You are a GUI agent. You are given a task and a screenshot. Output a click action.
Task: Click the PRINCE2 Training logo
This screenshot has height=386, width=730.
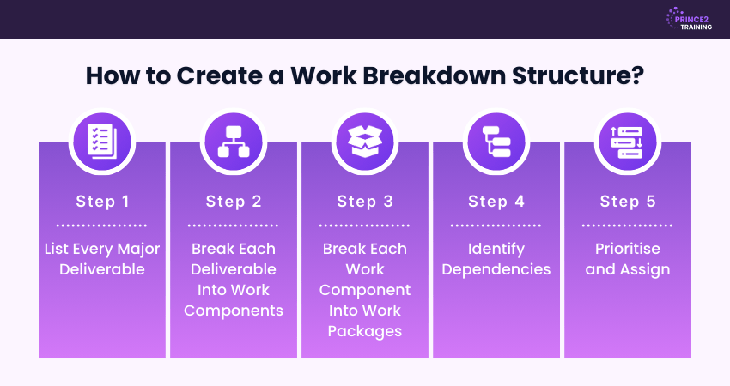[x=689, y=19]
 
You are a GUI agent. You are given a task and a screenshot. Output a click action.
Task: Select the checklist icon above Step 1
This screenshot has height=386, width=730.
[x=102, y=142]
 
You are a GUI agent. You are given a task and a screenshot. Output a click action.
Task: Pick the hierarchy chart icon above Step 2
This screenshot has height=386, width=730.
[x=234, y=142]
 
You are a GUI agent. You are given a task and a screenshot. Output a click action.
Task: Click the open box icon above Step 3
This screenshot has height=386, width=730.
[x=365, y=142]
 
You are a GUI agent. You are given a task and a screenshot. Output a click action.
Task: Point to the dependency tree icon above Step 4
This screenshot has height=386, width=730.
[x=496, y=142]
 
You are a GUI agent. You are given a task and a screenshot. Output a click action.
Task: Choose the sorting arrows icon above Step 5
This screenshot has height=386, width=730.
[x=628, y=142]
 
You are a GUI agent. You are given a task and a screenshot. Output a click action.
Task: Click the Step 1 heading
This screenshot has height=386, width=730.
[x=102, y=202]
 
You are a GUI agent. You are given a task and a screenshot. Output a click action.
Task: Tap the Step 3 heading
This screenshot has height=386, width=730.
[x=365, y=202]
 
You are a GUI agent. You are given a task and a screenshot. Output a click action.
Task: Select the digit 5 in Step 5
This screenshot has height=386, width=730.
[x=651, y=201]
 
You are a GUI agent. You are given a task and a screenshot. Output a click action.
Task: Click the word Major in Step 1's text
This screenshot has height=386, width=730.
[x=138, y=249]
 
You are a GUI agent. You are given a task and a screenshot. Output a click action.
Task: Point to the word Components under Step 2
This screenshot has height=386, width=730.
[x=234, y=311]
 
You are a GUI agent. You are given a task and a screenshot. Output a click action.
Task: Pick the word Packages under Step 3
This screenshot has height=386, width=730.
[x=365, y=331]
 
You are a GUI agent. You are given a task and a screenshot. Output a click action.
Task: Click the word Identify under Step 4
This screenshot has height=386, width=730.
[x=496, y=250]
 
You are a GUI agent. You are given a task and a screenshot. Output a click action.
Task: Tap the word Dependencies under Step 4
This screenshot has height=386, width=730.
[x=496, y=269]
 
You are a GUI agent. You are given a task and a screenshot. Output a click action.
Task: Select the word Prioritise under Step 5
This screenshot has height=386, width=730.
[x=628, y=249]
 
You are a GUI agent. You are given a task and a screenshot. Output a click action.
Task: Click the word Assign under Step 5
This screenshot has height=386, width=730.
[x=645, y=269]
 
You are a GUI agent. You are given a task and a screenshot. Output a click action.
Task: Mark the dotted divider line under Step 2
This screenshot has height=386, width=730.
[x=234, y=226]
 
